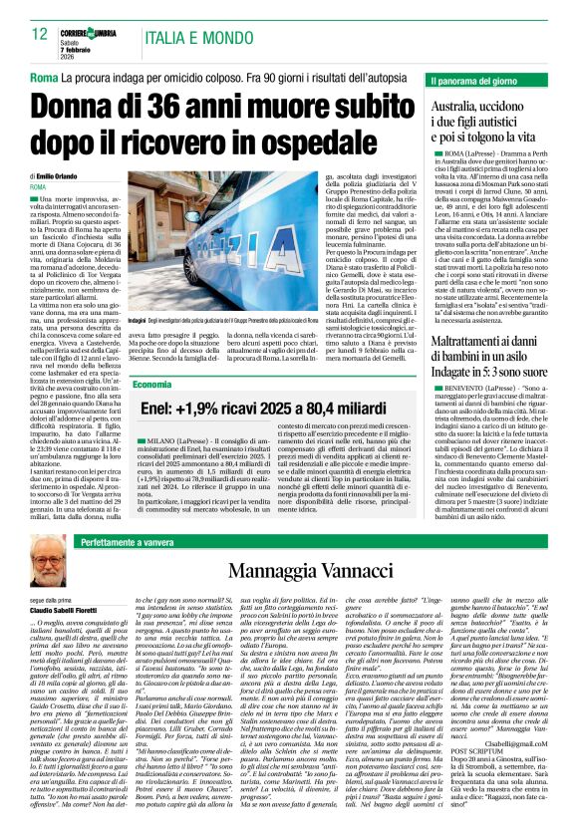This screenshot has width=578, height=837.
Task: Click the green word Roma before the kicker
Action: point(44,77)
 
